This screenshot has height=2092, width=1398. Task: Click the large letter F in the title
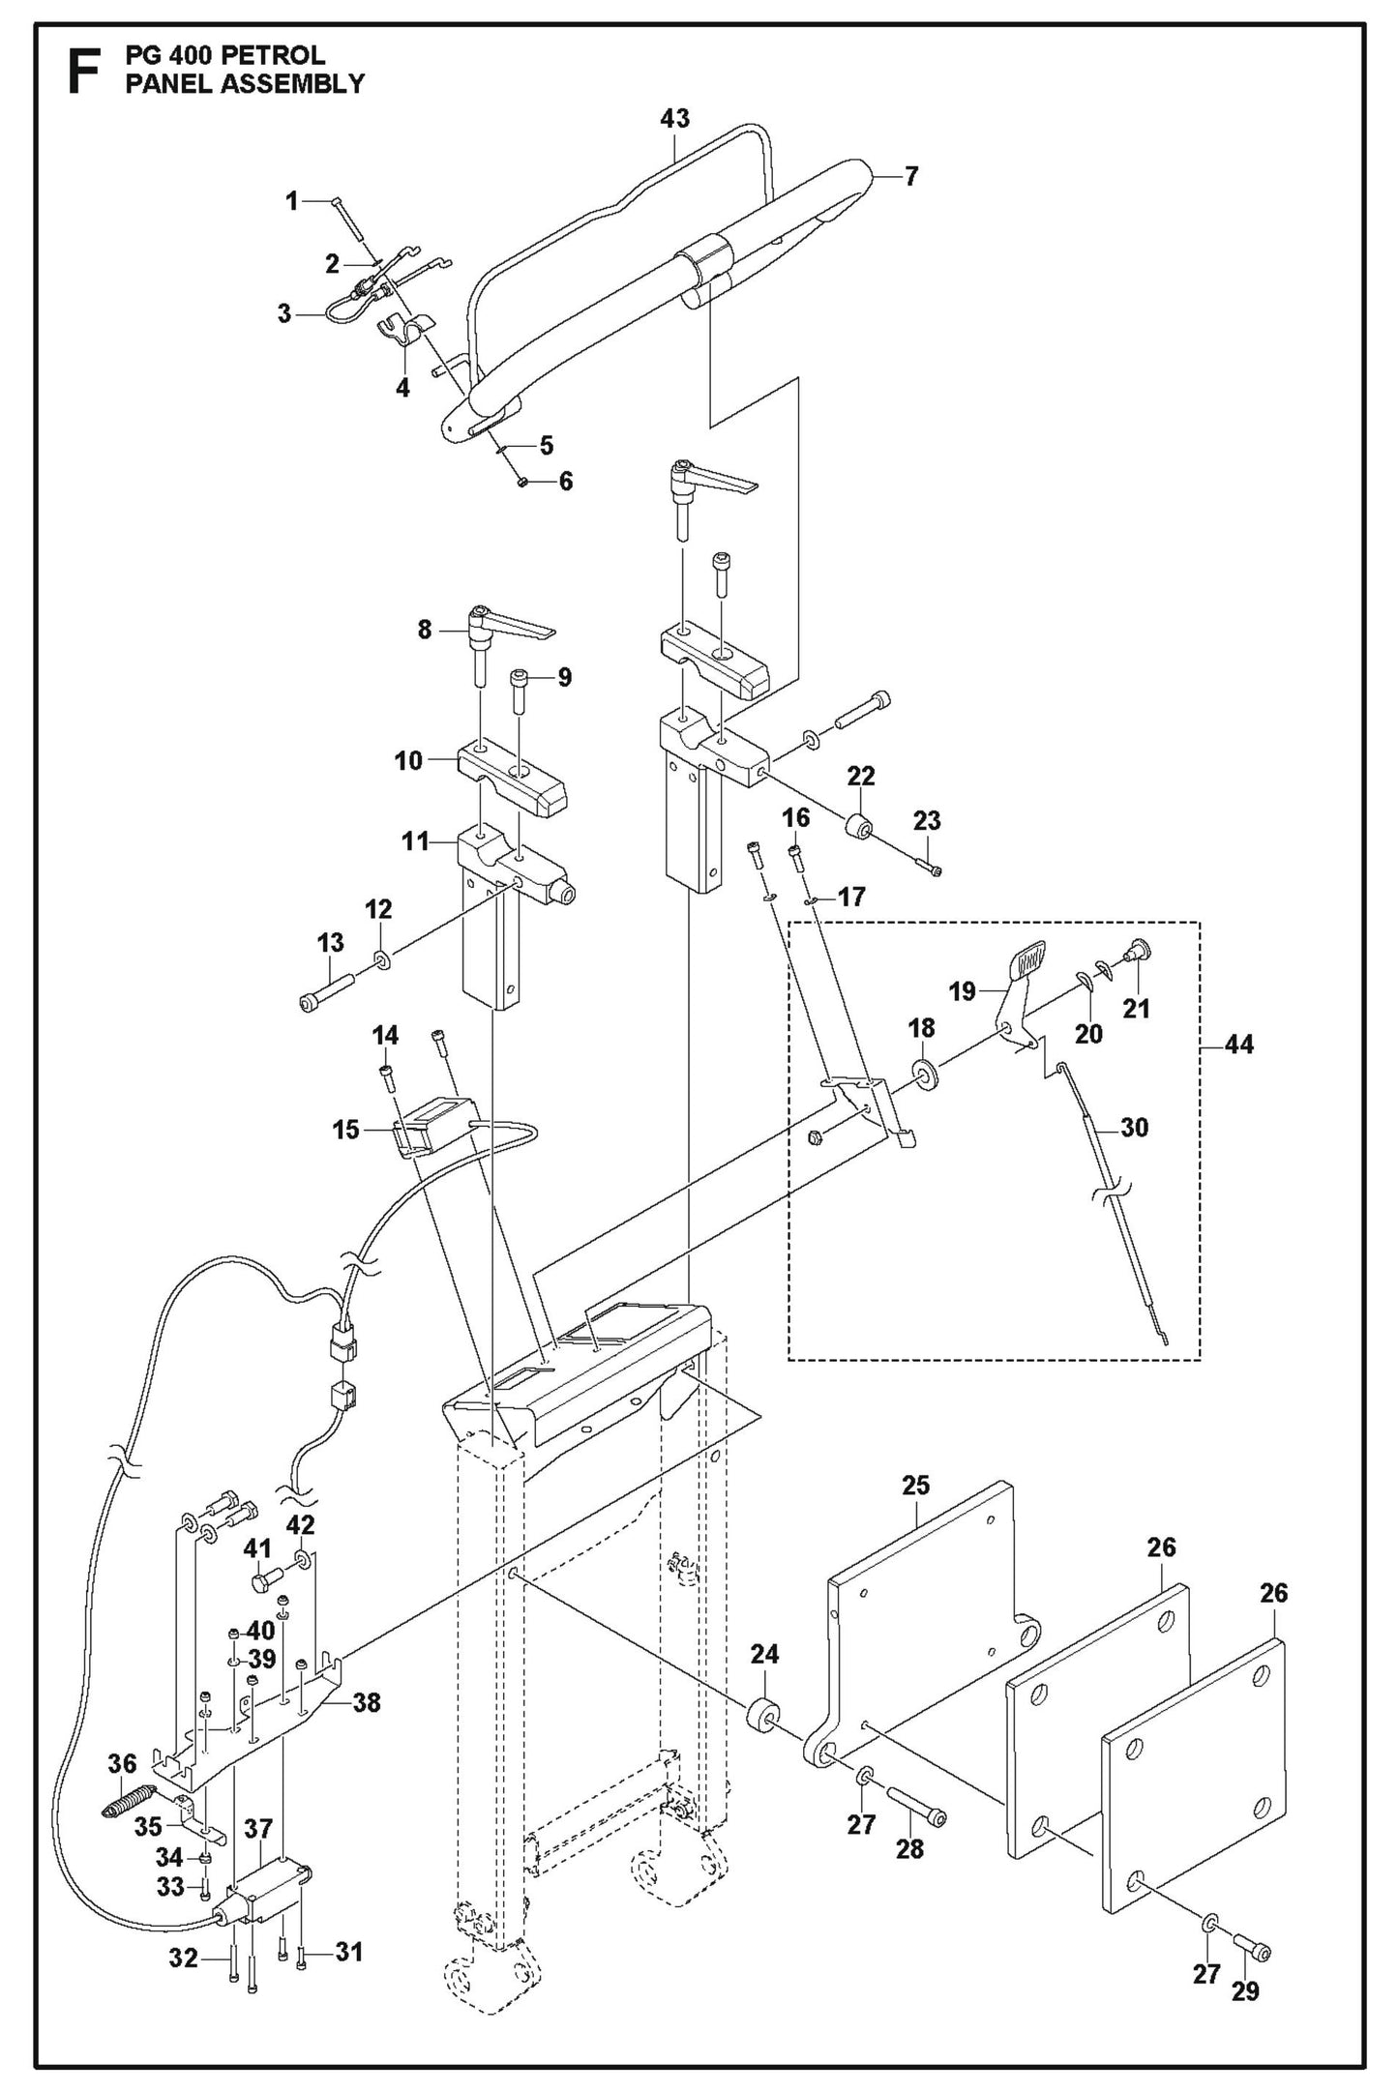click(x=83, y=73)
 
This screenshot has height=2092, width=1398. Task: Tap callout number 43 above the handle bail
click(x=674, y=119)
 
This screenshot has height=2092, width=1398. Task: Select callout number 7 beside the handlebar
click(x=910, y=176)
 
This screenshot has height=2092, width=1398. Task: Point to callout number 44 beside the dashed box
click(x=1238, y=1044)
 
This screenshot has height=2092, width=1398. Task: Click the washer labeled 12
click(x=383, y=961)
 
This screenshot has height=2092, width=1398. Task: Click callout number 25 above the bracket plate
click(x=915, y=1486)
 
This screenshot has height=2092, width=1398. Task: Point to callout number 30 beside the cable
click(x=1133, y=1127)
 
